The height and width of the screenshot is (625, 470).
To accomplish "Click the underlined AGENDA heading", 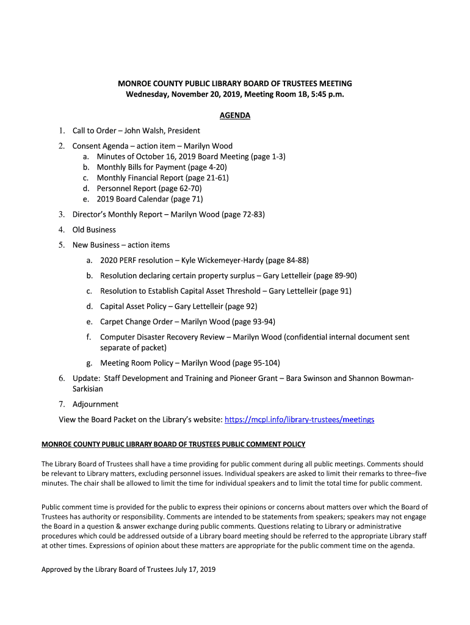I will coord(235,115).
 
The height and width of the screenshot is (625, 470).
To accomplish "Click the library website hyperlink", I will coord(299,420).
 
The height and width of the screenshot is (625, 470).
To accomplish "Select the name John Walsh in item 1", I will coord(144,131).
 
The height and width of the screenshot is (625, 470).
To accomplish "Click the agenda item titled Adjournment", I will coord(95,404).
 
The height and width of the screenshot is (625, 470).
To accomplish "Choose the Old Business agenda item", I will coord(94,229).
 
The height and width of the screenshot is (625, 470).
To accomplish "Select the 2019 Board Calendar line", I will coord(150,199).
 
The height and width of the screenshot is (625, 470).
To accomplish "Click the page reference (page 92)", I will coord(241,306).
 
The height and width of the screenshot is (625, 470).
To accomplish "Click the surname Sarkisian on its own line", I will coord(88,389).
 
